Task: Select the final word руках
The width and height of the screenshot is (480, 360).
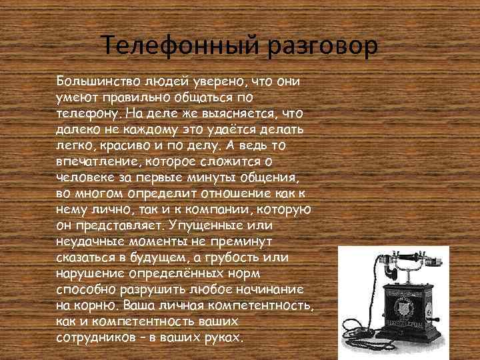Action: coord(223,337)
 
